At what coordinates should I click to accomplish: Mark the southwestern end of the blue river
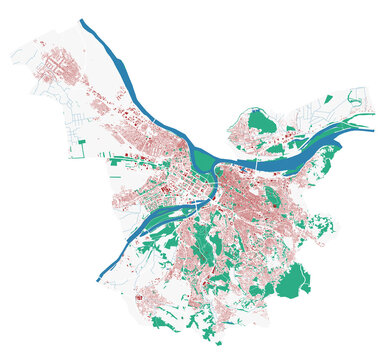99,279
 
